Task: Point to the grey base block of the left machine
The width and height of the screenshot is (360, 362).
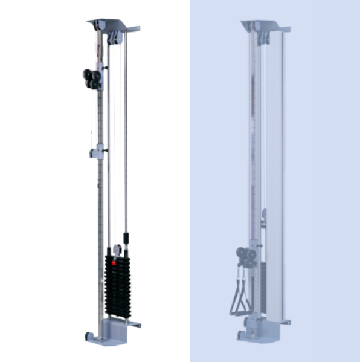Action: click(x=115, y=331)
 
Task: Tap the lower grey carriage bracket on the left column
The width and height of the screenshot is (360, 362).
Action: click(x=97, y=153)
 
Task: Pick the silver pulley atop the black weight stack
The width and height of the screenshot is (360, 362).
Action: click(x=117, y=249)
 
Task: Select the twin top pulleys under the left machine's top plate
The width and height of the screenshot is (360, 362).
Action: click(x=113, y=37)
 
